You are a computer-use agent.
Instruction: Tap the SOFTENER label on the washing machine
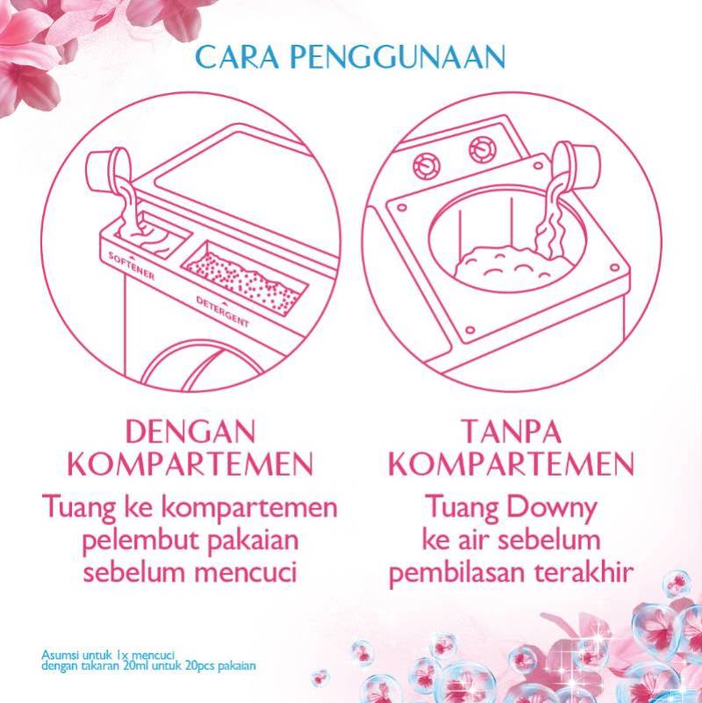130,267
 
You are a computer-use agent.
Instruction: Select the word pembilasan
456,571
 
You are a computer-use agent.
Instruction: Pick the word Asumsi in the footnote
59,654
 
